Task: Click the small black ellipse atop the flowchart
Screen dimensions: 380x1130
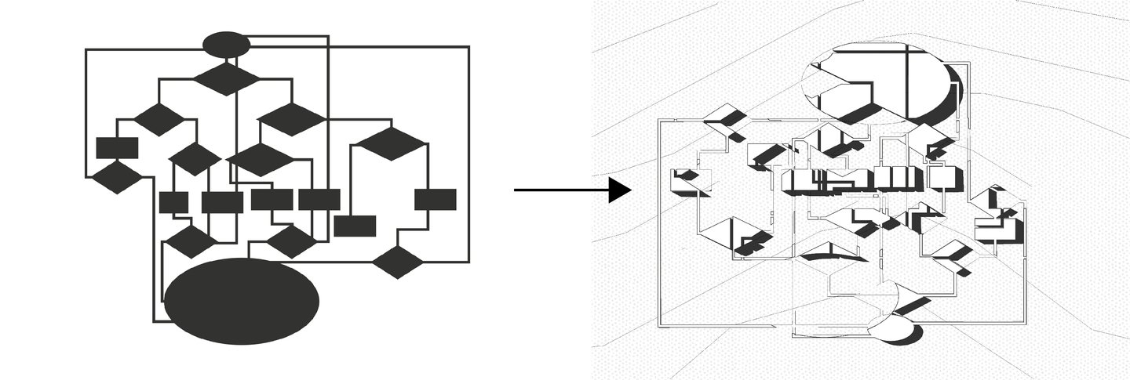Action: [x=226, y=44]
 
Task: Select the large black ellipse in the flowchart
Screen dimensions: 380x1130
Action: [x=242, y=301]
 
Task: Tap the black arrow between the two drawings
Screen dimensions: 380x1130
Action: [x=573, y=190]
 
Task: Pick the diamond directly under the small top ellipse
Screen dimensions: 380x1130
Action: [x=226, y=78]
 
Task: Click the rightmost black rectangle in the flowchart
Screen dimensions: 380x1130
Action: [x=435, y=199]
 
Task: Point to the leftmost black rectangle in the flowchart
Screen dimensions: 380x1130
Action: [x=117, y=147]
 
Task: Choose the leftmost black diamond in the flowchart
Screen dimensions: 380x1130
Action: [x=117, y=178]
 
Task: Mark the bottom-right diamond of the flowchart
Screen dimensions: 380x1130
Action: [x=398, y=262]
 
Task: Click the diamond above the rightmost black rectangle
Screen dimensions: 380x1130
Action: [x=390, y=143]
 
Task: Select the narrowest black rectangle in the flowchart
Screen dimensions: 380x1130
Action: [x=173, y=202]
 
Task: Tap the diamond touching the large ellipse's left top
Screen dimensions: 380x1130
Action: [x=190, y=242]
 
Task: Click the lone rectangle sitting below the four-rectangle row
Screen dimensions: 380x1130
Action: [x=355, y=226]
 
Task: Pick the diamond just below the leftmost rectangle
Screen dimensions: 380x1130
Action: [x=117, y=178]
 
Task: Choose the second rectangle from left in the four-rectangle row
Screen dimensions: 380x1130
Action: [x=222, y=202]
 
